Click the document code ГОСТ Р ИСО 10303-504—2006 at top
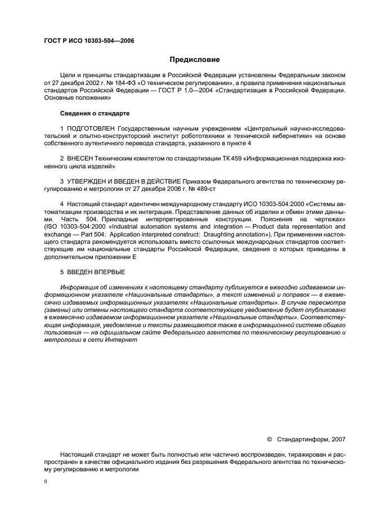pos(88,40)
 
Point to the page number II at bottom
pos(46,481)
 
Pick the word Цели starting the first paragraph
pos(68,75)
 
